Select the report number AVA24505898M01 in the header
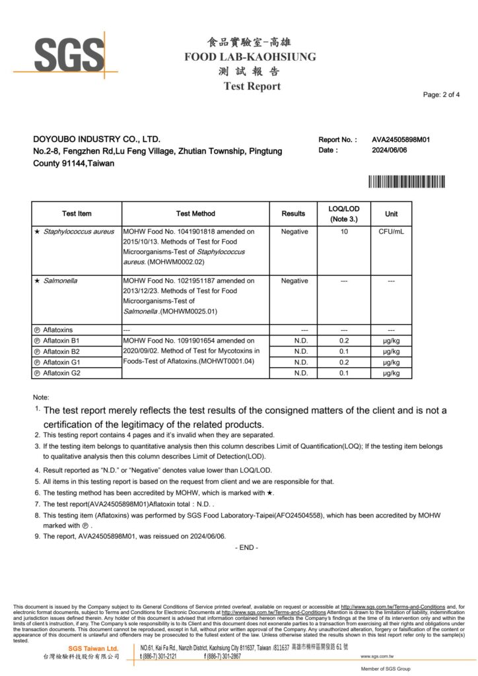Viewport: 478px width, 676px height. click(x=401, y=139)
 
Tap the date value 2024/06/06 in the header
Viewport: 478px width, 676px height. click(x=390, y=150)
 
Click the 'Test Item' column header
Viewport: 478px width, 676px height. click(x=77, y=213)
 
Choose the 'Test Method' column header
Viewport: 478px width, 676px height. click(x=195, y=213)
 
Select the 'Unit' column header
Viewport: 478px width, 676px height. click(x=392, y=213)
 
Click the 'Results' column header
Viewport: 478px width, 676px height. click(x=293, y=213)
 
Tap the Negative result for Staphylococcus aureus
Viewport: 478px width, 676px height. click(x=294, y=232)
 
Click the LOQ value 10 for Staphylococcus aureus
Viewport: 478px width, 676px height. click(x=344, y=232)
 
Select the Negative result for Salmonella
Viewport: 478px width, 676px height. click(x=294, y=281)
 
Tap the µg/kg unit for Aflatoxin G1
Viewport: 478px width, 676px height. click(x=392, y=362)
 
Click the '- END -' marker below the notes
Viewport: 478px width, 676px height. click(x=246, y=547)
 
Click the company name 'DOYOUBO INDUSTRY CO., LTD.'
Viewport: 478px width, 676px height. click(x=96, y=139)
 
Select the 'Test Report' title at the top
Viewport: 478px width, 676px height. click(x=252, y=86)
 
